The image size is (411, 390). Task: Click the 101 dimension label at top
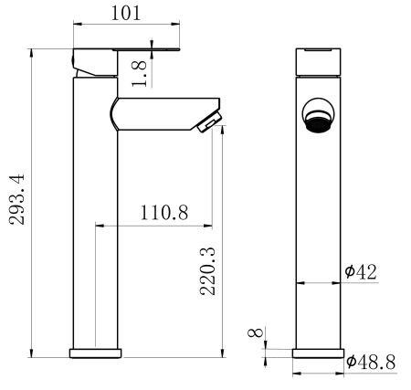(x=126, y=13)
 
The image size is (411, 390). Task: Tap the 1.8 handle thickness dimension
(x=139, y=74)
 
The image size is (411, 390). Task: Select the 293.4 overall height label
(x=16, y=199)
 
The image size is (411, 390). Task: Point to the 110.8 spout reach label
(x=164, y=213)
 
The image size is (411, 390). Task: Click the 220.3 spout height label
(x=207, y=271)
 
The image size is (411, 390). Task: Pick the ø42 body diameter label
(x=361, y=271)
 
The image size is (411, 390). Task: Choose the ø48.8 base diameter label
(x=371, y=362)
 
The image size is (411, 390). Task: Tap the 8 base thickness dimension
(x=256, y=332)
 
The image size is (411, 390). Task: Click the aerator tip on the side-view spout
(x=210, y=122)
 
